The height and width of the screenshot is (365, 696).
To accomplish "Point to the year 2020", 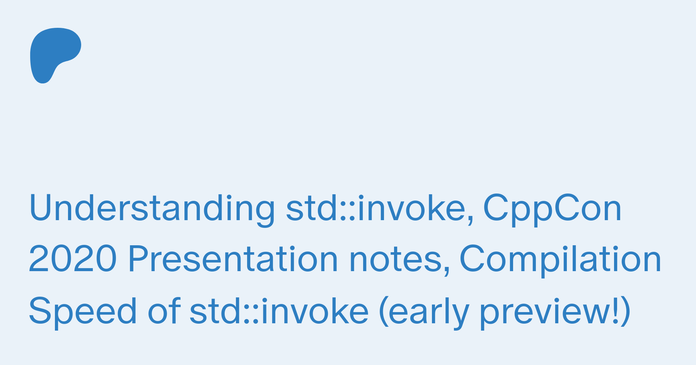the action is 73,260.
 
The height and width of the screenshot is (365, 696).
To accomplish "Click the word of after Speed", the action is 164,311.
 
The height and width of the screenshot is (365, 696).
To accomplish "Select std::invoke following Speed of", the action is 279,311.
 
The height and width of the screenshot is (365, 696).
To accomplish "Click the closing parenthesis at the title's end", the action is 626,312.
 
